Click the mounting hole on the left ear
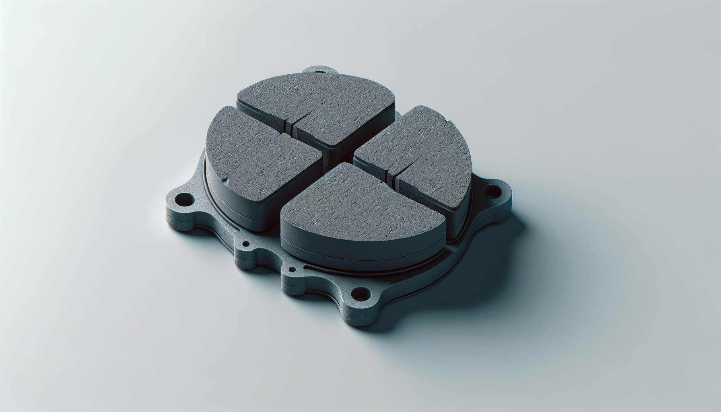tap(185, 198)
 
